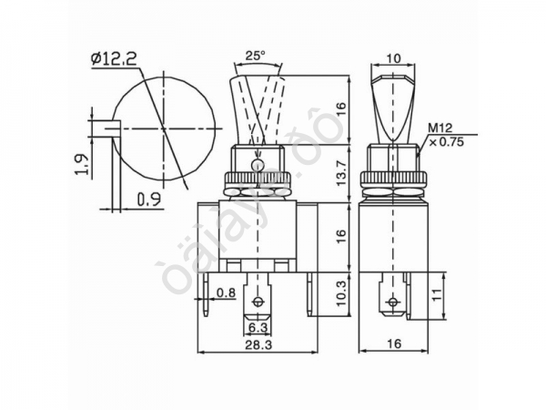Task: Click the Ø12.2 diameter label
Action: pos(115,60)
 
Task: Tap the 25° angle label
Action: pos(256,56)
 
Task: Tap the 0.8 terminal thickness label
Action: pos(227,293)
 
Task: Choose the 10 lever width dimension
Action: pos(393,59)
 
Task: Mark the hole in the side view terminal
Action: pos(392,301)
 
